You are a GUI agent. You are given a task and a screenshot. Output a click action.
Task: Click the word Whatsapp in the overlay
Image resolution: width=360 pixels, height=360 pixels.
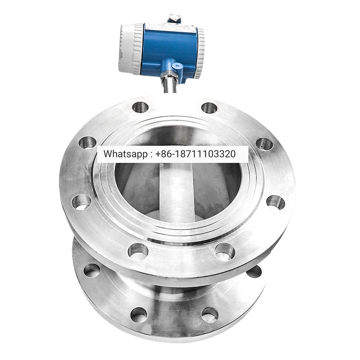[x=126, y=154]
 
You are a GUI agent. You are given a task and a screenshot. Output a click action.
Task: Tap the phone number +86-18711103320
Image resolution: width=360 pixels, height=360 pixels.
[x=196, y=154]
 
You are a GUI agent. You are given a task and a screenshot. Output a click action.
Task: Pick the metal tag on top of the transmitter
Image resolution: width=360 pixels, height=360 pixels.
[x=174, y=18]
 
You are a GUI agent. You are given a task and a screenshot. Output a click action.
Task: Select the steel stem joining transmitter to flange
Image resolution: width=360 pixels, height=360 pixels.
[x=170, y=85]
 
